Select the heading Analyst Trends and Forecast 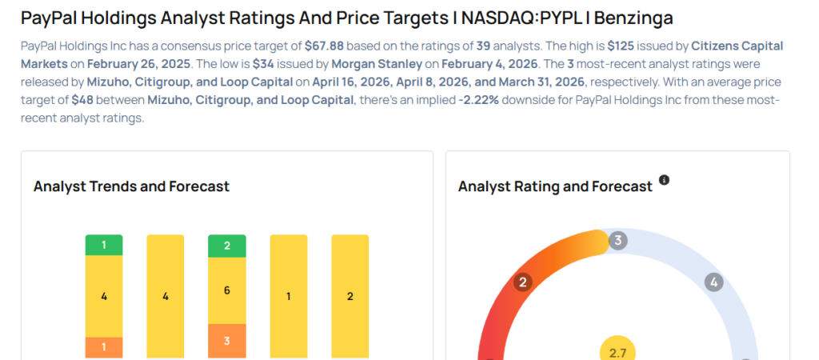131,186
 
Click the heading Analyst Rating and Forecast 555,186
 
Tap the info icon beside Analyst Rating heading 664,181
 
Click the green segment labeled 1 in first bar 104,245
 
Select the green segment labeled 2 227,246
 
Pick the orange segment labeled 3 227,341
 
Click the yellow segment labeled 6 227,290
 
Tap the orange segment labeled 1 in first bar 104,348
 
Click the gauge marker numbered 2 523,282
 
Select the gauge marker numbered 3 617,240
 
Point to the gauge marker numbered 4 713,282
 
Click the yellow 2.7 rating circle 617,352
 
